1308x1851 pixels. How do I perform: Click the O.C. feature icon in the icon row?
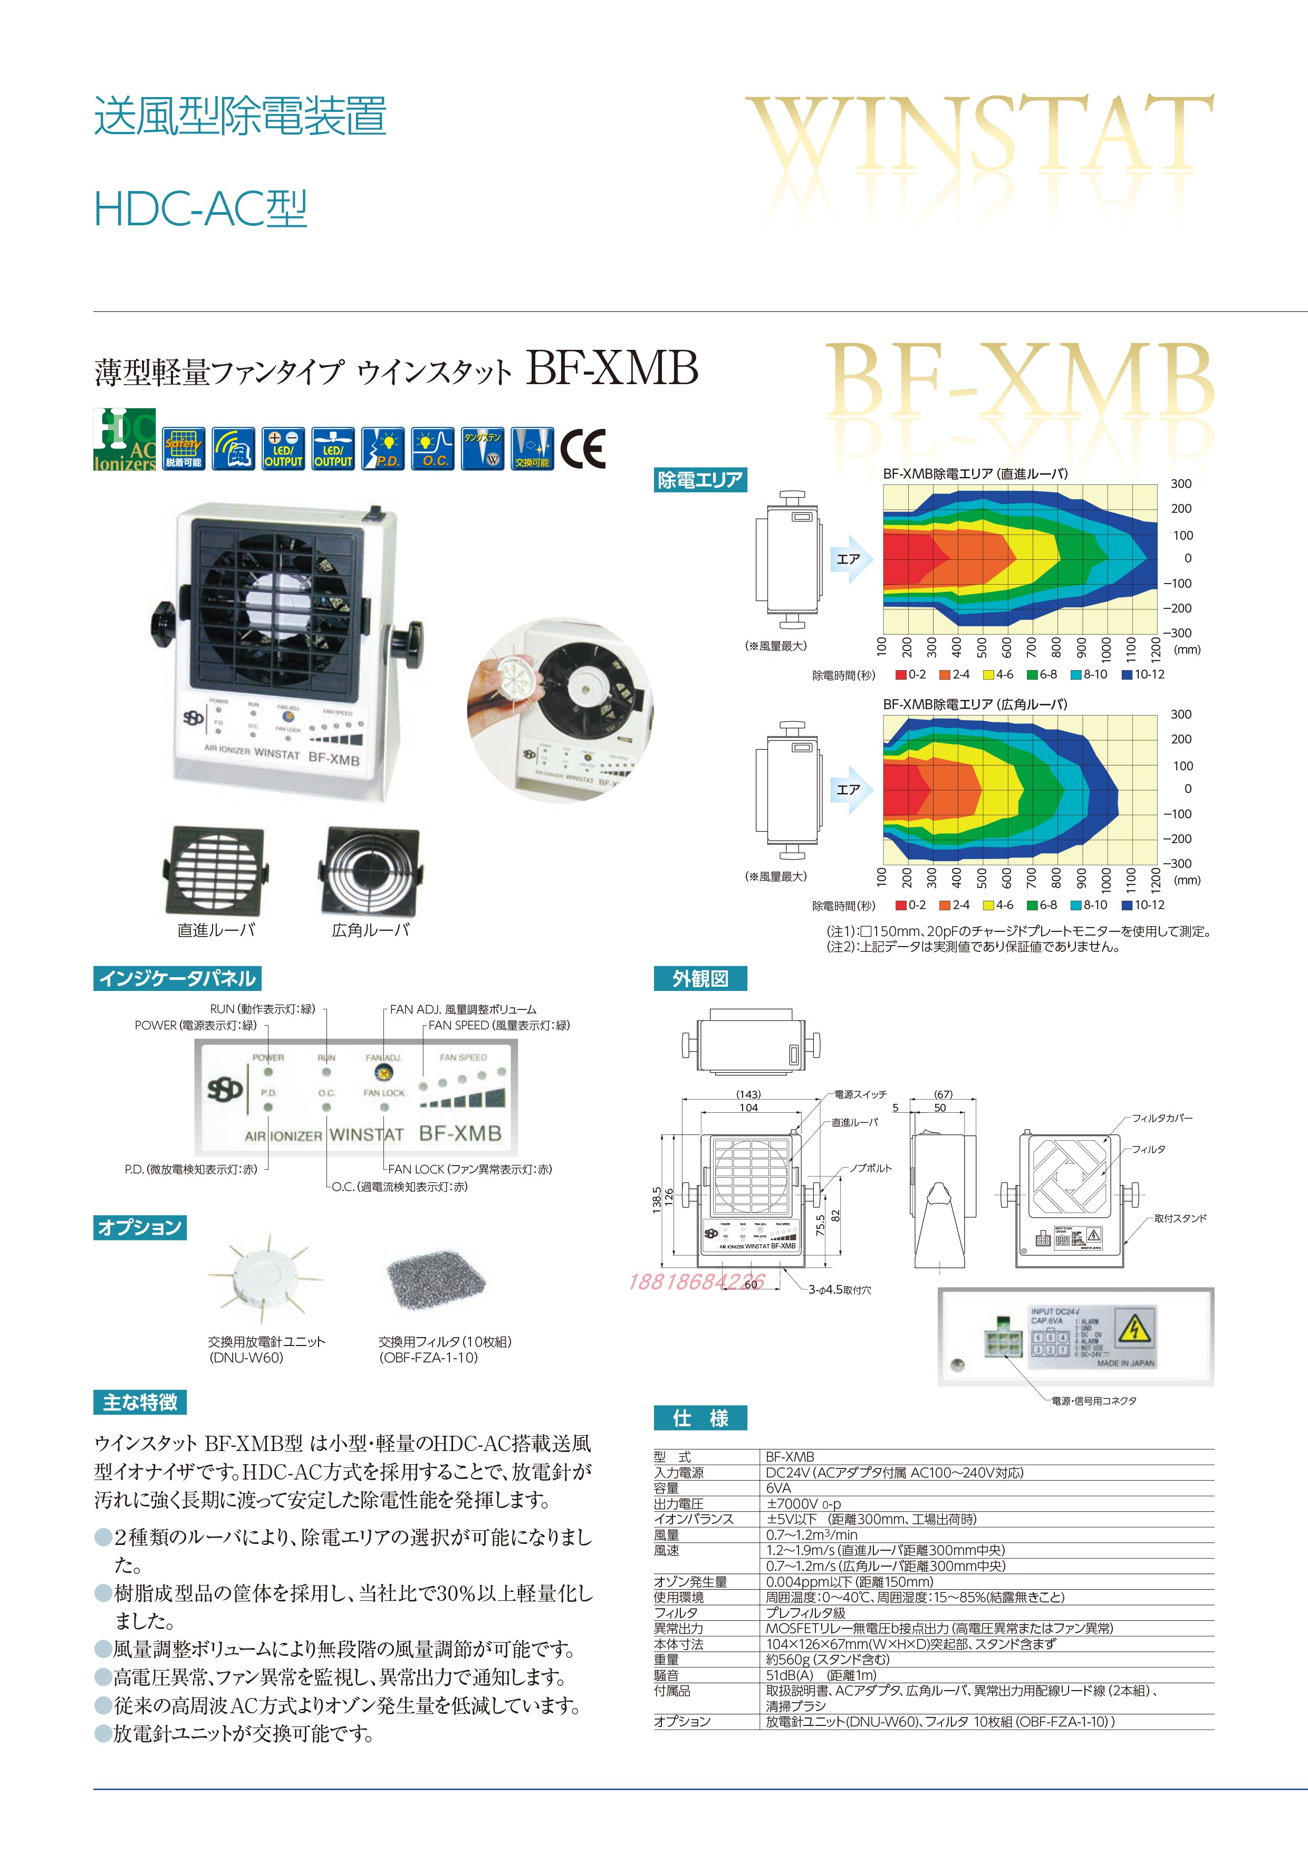tap(434, 449)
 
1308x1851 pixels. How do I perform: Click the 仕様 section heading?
tap(699, 1418)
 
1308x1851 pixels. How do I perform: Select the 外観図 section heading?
tap(699, 979)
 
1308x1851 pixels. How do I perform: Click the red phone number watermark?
tap(696, 1281)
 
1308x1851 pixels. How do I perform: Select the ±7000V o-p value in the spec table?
tap(803, 1503)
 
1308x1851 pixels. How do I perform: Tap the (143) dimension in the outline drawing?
tap(748, 1094)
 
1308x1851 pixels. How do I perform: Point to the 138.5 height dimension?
tap(656, 1199)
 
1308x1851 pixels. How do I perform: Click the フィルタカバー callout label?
tap(1162, 1118)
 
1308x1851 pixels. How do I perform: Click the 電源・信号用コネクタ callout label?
tap(1094, 1401)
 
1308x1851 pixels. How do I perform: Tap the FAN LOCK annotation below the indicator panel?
tap(470, 1169)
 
